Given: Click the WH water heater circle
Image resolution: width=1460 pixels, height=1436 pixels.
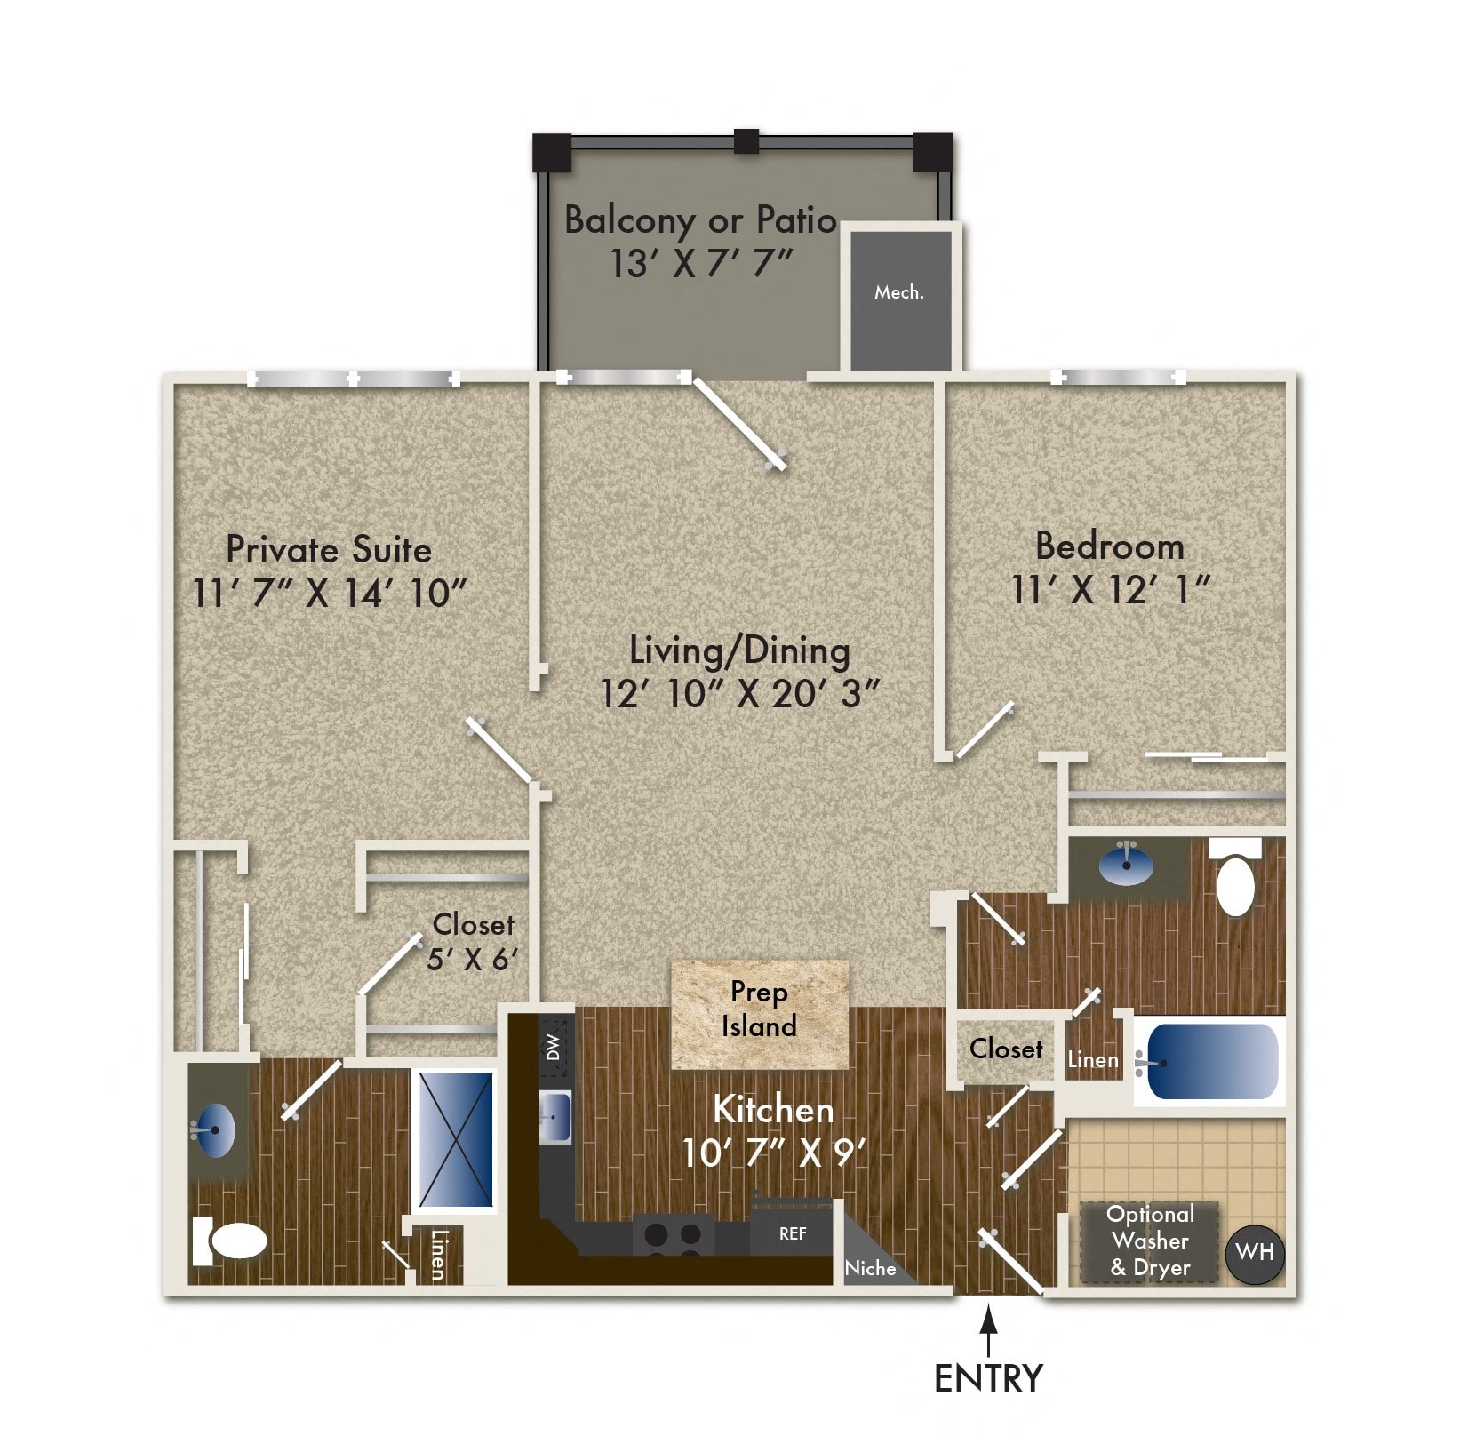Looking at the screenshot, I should point(1254,1253).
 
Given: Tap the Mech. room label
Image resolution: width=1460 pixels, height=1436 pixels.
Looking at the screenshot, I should point(898,292).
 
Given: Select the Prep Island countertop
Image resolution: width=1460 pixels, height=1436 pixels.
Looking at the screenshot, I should point(759,1013).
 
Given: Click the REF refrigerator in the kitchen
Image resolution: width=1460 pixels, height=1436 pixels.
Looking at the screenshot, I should point(792,1233).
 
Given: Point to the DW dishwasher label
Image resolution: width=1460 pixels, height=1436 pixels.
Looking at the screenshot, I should point(554,1046).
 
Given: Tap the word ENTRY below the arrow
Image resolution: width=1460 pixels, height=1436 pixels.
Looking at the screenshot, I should point(988,1378).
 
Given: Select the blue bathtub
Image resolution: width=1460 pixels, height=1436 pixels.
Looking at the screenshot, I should point(1212,1062).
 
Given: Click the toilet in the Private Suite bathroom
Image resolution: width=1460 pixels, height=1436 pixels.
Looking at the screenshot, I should point(231,1241).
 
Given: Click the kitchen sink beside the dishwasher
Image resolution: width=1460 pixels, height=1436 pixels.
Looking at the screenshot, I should point(555,1116).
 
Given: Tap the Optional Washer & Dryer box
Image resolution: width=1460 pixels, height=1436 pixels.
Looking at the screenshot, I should point(1149,1241).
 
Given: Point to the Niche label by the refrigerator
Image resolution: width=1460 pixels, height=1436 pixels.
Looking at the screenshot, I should point(870,1268).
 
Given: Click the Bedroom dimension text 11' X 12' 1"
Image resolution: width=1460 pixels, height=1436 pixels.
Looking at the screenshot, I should point(1110,589).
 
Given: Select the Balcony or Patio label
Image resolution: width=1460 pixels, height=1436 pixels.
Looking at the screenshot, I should point(700,219).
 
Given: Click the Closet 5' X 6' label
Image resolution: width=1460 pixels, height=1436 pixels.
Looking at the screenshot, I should point(473,942).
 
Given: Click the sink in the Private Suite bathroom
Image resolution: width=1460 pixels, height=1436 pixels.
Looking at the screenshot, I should point(215,1130).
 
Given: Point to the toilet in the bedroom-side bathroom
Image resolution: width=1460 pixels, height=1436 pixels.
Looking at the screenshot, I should point(1235,883).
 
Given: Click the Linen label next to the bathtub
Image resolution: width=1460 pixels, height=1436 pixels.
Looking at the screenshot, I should point(1092,1059).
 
